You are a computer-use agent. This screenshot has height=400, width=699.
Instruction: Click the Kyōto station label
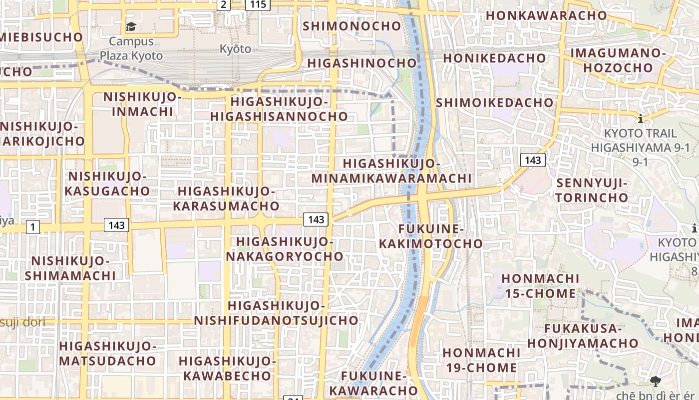click(x=235, y=49)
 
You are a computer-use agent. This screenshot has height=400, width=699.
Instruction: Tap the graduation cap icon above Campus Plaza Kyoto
click(x=131, y=27)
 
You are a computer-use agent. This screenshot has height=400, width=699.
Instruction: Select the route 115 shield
click(x=258, y=4)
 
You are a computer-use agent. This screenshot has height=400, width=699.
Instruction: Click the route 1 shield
click(x=32, y=227)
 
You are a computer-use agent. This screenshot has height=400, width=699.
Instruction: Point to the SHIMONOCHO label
click(x=352, y=26)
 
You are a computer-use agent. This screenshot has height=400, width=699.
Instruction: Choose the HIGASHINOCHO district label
click(x=362, y=63)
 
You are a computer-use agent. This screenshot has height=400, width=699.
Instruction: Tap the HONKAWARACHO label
click(x=546, y=15)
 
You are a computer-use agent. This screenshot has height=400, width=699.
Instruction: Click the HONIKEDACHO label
click(x=494, y=58)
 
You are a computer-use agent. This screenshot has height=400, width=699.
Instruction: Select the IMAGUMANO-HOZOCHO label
click(x=618, y=60)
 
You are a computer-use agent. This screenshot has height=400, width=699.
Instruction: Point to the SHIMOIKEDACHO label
click(x=495, y=102)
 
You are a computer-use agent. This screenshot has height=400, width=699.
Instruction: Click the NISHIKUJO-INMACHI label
click(x=142, y=103)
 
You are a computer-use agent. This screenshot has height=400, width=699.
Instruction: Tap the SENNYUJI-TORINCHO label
click(x=592, y=190)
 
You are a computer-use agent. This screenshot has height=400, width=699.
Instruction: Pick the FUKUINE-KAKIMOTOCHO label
click(x=431, y=236)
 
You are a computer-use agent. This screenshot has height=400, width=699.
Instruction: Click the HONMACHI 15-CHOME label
click(x=540, y=285)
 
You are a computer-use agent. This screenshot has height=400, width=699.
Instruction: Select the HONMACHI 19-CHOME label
click(x=481, y=360)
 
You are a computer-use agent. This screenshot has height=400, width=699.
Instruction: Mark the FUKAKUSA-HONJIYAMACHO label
click(x=583, y=336)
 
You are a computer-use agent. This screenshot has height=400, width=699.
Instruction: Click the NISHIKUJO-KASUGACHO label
click(x=107, y=183)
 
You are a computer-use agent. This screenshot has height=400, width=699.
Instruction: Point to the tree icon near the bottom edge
click(x=655, y=381)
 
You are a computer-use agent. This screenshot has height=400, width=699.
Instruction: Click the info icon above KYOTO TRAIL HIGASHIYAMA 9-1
click(x=641, y=119)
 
